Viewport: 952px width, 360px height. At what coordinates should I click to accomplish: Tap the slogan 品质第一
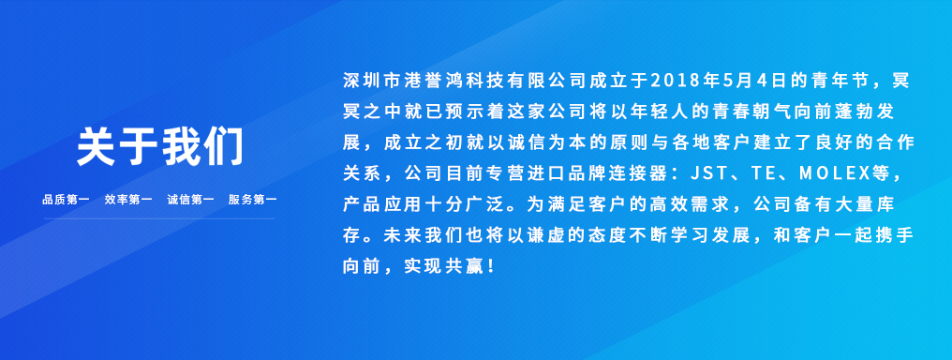[x=66, y=200]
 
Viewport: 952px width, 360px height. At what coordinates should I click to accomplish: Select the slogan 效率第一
[x=128, y=200]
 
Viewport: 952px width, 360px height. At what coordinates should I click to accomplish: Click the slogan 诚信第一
[x=190, y=200]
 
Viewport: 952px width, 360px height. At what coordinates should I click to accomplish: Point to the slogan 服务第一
[x=253, y=200]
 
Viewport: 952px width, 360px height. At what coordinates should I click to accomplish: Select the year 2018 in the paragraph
[x=670, y=80]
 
